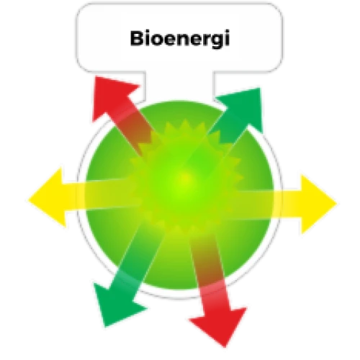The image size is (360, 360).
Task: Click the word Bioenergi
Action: pyautogui.click(x=180, y=39)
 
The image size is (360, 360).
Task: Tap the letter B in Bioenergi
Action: pyautogui.click(x=137, y=38)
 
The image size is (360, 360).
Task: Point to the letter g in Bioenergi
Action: pyautogui.click(x=215, y=41)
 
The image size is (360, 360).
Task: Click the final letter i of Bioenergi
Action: pyautogui.click(x=227, y=37)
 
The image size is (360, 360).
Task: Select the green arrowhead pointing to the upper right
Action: pyautogui.click(x=243, y=108)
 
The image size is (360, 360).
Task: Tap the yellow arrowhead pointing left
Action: pyautogui.click(x=48, y=197)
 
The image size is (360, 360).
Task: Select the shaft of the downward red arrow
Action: pyautogui.click(x=210, y=272)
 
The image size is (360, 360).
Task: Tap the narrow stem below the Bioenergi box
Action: pyautogui.click(x=179, y=86)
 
